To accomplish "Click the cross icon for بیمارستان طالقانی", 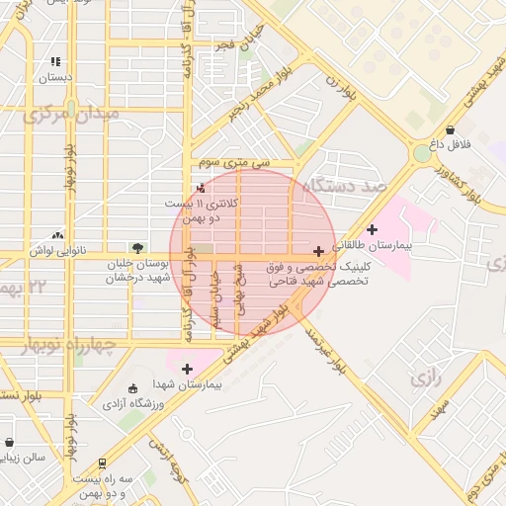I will coord(372,229).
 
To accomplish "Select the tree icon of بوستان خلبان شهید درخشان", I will coord(137,248).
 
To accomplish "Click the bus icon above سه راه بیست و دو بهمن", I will coord(102,463).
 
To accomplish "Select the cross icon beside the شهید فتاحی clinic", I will coord(317,251).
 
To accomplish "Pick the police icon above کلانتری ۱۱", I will coord(203,188).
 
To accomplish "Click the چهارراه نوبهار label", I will coord(66,345).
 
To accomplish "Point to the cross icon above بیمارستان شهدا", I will coord(187,368).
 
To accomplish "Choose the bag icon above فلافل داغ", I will coord(451,129).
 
